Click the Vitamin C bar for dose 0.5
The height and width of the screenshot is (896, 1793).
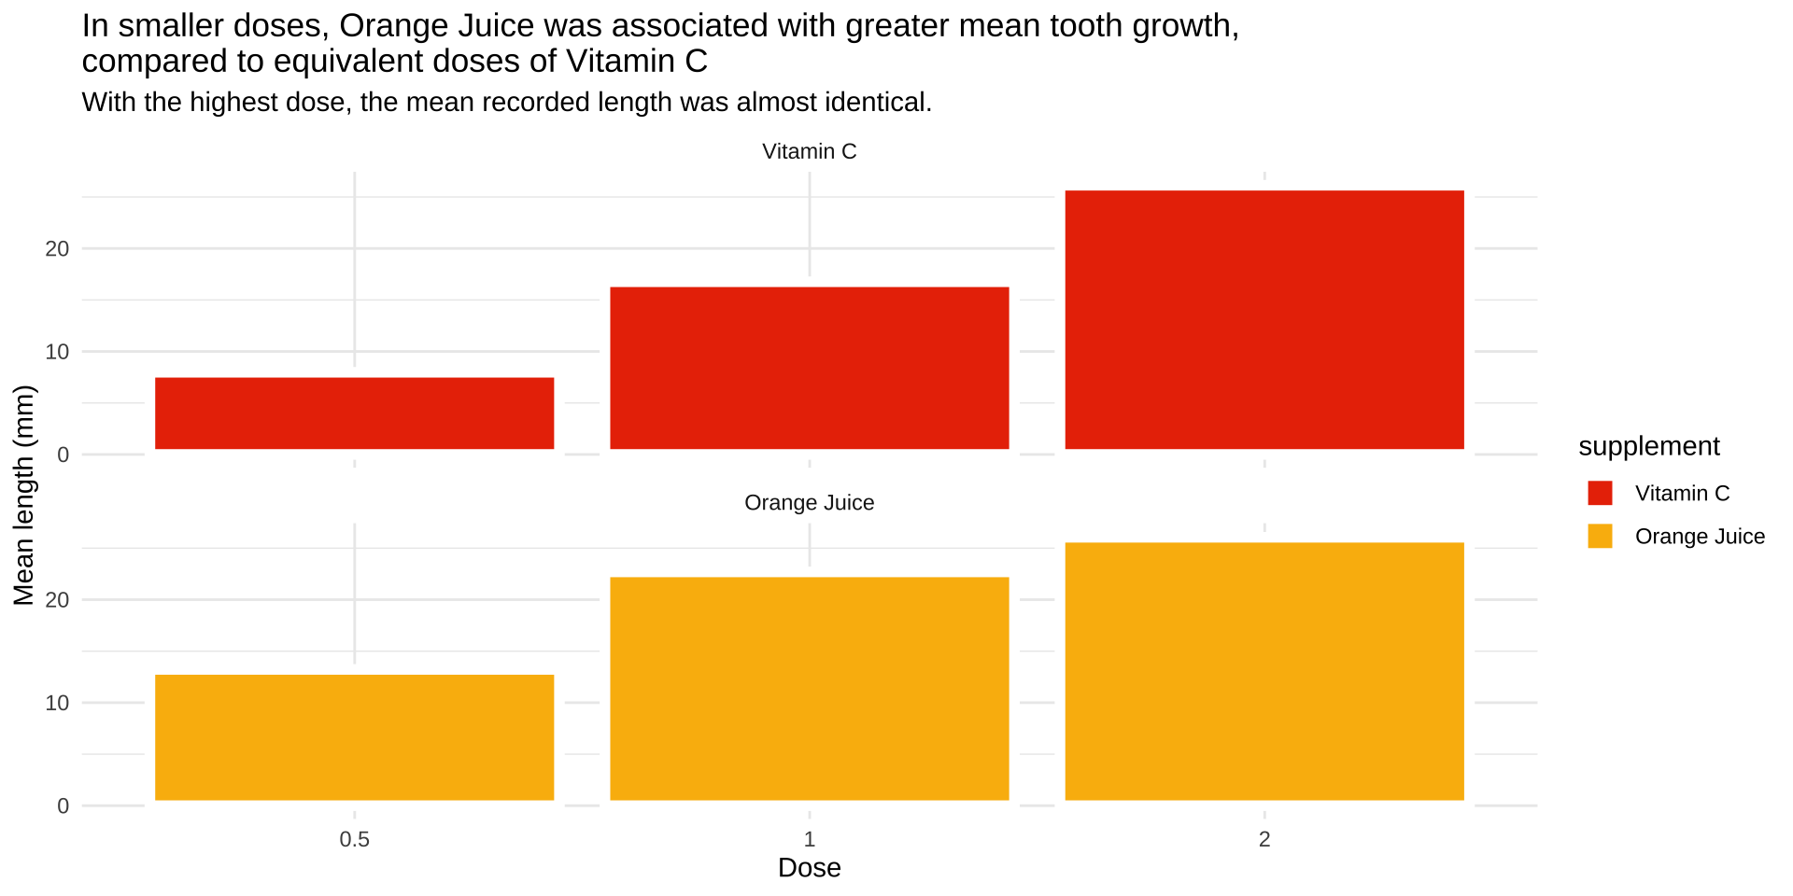354,413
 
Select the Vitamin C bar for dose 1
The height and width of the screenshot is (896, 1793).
809,368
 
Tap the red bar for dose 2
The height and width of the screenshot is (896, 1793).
1264,320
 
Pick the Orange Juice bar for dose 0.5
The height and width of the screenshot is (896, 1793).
354,737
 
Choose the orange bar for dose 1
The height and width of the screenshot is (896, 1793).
809,689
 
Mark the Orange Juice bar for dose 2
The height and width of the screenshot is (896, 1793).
1264,671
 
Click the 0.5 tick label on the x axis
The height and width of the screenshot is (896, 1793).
354,839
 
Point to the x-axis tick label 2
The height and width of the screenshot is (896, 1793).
1264,839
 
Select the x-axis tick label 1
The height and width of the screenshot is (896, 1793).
809,839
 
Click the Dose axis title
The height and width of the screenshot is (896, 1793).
809,868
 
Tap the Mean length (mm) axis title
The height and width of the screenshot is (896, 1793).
23,496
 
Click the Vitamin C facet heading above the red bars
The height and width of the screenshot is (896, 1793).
809,151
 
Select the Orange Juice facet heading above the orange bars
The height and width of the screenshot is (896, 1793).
809,503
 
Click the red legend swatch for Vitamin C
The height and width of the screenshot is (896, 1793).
1600,494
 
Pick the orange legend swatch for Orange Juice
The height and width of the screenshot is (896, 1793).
1600,537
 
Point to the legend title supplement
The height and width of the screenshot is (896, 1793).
1648,446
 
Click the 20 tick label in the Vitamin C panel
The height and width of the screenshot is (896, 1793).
57,248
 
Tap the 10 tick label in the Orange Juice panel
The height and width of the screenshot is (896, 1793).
57,703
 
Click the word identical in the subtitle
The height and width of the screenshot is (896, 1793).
878,102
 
